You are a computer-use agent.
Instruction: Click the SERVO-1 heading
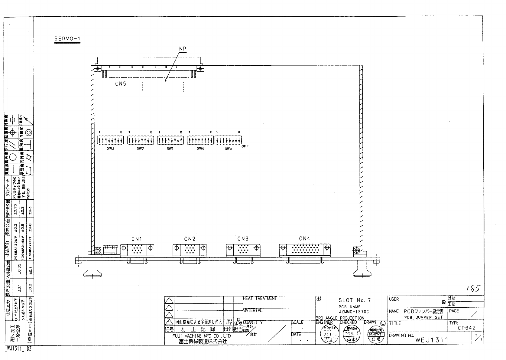67,39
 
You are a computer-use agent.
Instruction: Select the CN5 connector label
120,84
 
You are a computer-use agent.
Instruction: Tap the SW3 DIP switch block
110,140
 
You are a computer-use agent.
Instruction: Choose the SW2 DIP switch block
140,140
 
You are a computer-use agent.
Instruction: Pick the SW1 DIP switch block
170,140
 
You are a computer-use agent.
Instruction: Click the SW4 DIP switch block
200,140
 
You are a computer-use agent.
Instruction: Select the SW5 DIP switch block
228,140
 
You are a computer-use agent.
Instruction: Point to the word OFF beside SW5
245,146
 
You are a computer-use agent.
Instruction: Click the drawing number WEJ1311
431,340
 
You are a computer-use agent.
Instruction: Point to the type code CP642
467,328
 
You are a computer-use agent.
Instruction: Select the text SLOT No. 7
354,300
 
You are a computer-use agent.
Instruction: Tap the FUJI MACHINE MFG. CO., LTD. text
202,336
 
